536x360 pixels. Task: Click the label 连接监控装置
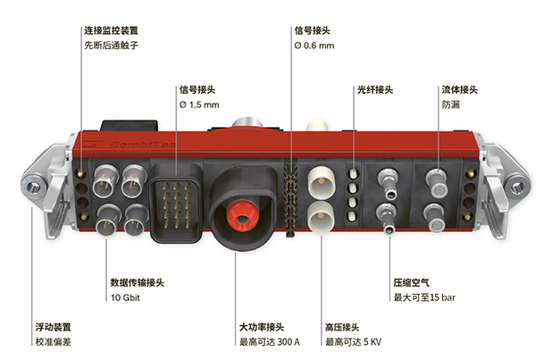(111, 30)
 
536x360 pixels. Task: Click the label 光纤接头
(375, 90)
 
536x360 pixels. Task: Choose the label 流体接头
(460, 90)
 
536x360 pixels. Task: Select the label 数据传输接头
(137, 282)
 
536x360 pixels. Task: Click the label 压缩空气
(412, 282)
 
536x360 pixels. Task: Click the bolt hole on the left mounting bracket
(34, 187)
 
